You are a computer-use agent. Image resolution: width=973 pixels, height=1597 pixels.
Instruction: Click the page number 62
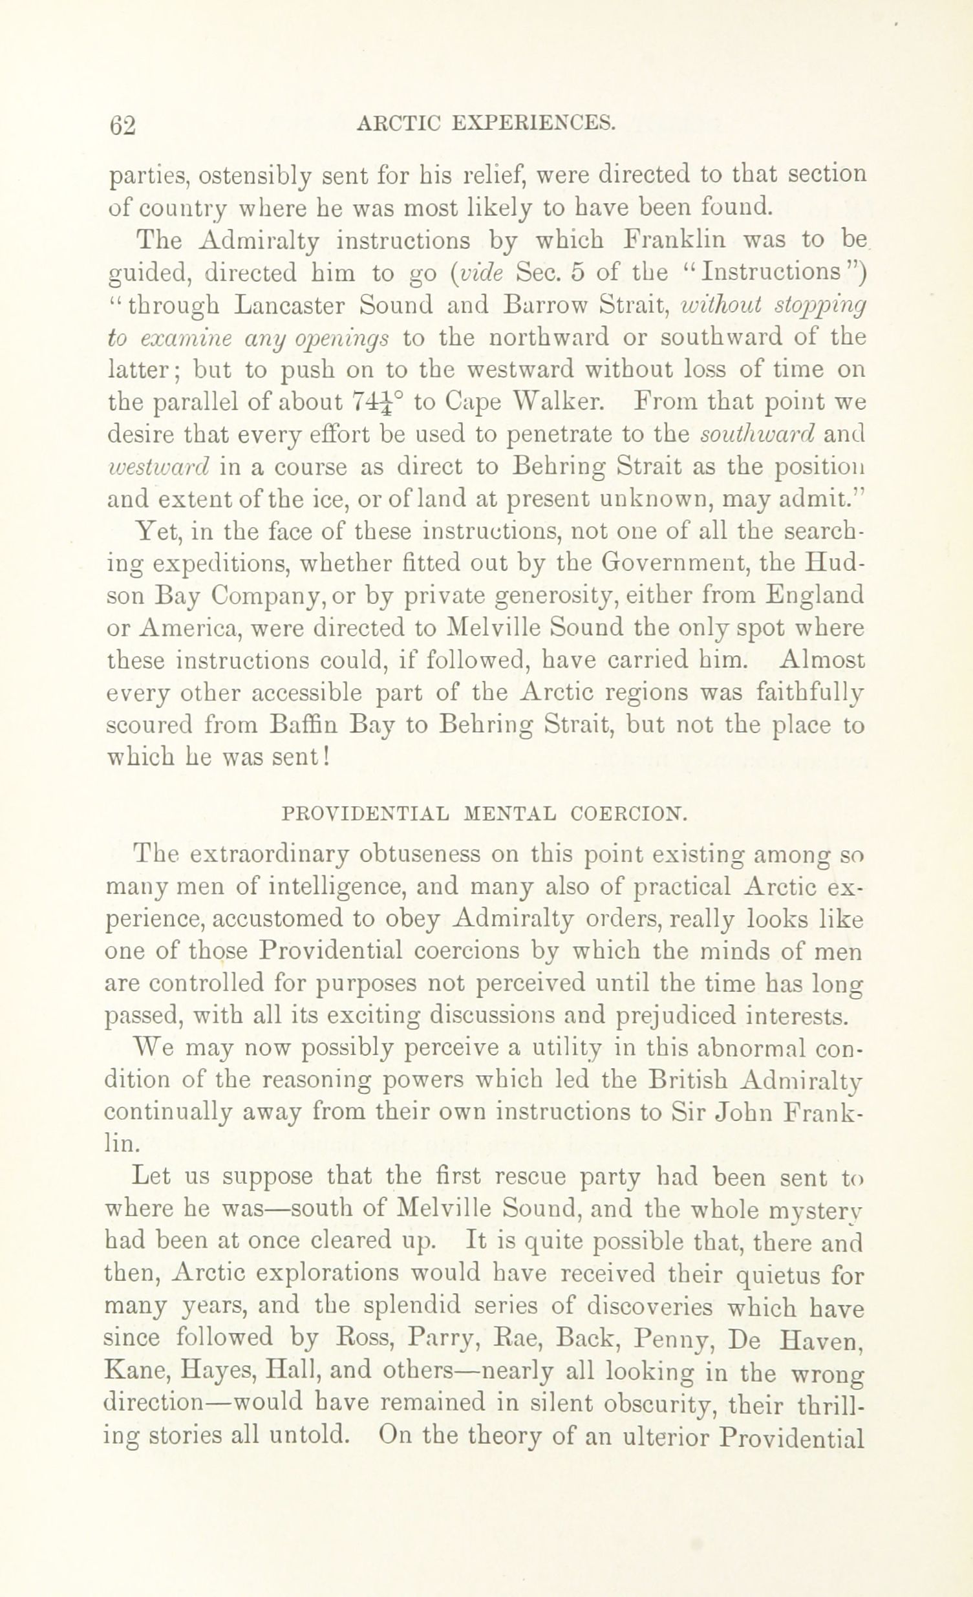click(123, 123)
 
